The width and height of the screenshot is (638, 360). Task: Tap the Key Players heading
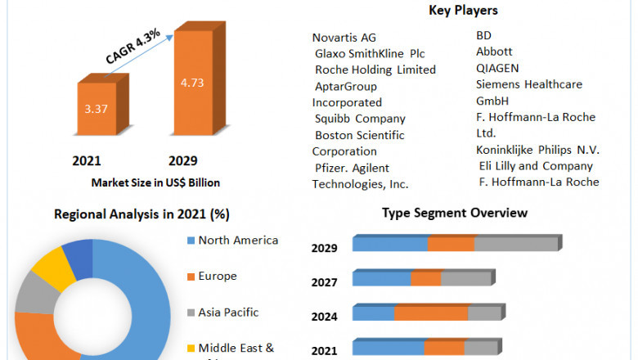coord(463,11)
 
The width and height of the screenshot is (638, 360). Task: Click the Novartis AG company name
coord(344,38)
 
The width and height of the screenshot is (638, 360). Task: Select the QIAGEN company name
coord(497,68)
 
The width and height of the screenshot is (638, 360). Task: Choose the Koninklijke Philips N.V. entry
coord(537,150)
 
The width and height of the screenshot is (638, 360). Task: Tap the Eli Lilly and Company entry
coord(536,166)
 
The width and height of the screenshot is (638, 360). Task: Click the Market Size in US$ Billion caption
coord(155,182)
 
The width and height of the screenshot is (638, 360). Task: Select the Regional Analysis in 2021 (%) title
coord(142,214)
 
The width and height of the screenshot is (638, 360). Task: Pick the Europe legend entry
coord(218,277)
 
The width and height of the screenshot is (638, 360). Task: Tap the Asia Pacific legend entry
coord(228,312)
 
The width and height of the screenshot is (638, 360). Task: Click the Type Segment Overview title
coord(454,213)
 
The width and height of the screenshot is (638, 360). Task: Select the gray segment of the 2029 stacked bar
coord(515,244)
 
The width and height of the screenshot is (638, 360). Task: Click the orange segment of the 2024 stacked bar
coord(431,313)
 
